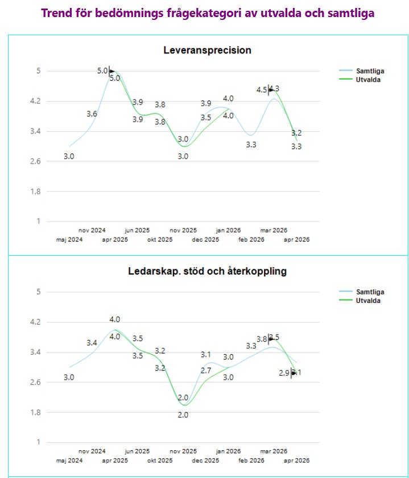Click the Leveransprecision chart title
[x=207, y=51]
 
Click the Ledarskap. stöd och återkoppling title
[x=207, y=272]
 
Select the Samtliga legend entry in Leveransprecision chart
[x=369, y=71]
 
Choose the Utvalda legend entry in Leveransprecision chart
[x=368, y=80]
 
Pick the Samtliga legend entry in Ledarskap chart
[x=369, y=292]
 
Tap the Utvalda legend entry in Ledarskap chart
[x=368, y=300]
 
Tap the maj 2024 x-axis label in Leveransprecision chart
[x=69, y=239]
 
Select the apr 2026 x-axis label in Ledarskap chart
[x=296, y=460]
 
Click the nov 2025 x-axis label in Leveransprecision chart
[x=183, y=230]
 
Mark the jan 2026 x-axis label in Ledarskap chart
[x=228, y=451]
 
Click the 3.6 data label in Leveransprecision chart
[x=92, y=114]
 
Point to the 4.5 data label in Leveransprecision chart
[x=262, y=90]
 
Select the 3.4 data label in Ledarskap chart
[x=92, y=343]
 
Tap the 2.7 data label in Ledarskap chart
[x=205, y=371]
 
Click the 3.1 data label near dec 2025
[x=205, y=355]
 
